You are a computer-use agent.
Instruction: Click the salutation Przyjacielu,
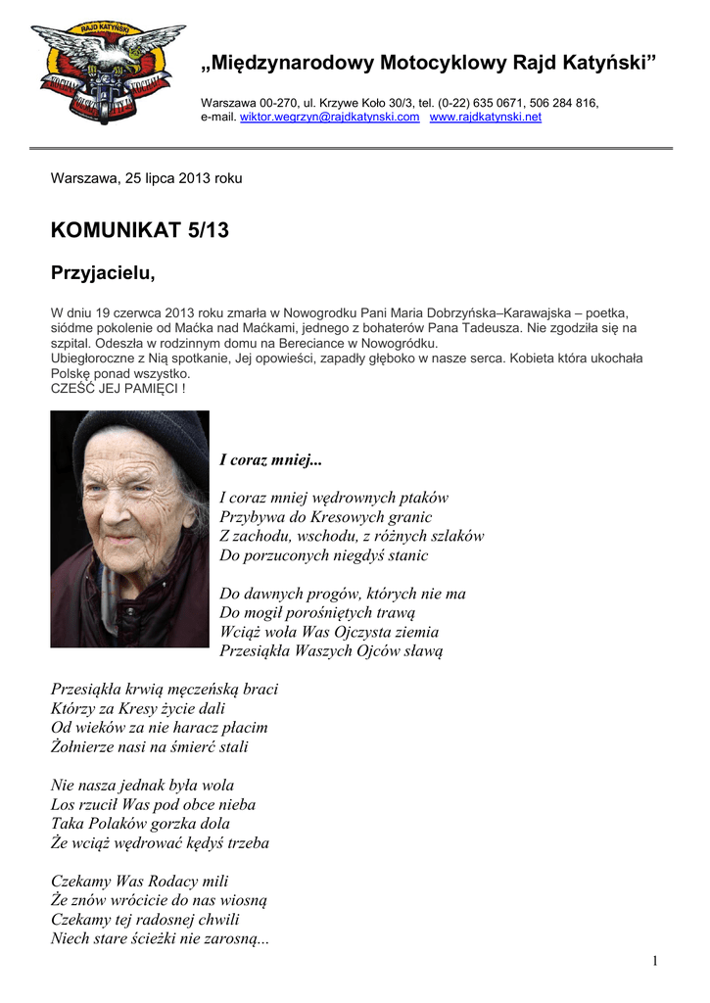pos(103,273)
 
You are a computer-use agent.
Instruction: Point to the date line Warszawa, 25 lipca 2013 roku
pos(146,178)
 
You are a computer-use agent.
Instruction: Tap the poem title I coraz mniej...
pos(270,459)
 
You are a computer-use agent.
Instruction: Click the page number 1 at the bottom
pos(654,961)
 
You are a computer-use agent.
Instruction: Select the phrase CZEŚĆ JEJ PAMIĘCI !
pos(118,388)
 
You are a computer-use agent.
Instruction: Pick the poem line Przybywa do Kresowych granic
pos(325,516)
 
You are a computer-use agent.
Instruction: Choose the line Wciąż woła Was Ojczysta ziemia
pos(329,632)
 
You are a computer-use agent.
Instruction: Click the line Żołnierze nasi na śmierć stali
pos(149,746)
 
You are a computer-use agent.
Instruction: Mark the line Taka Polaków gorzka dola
pos(140,823)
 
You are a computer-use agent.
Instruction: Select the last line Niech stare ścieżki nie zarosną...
pos(160,938)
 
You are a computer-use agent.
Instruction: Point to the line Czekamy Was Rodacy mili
pos(139,881)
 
